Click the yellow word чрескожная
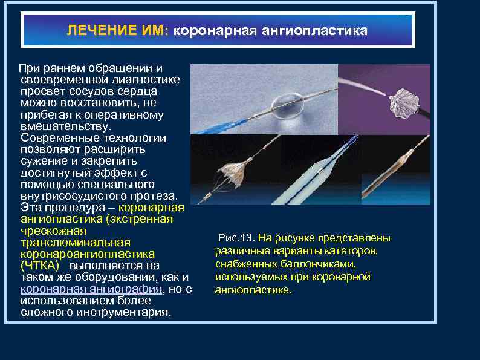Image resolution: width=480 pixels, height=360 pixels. point(53,231)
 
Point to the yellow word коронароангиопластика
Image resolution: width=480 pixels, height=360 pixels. point(87,254)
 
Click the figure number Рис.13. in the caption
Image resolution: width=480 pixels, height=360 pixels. point(237,238)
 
